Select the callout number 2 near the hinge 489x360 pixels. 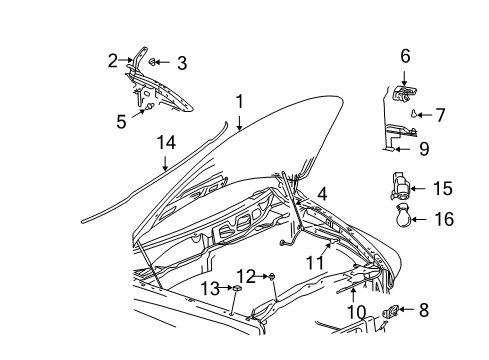(x=113, y=60)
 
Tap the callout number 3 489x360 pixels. (x=181, y=64)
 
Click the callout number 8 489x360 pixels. (x=423, y=338)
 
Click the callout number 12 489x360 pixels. (x=246, y=275)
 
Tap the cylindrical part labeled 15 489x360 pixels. (x=401, y=187)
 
